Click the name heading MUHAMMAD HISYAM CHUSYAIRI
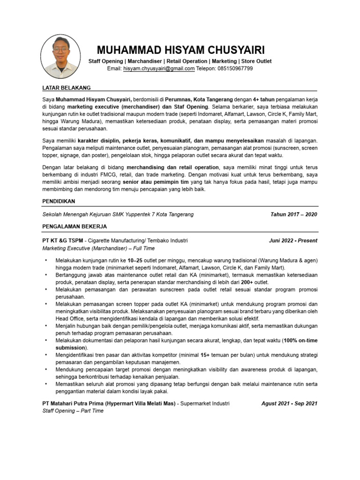(x=180, y=50)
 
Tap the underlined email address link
(x=158, y=68)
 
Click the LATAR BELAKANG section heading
(x=66, y=88)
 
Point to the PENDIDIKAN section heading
(x=59, y=201)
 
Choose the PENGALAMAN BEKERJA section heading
(x=75, y=226)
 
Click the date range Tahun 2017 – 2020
(x=293, y=214)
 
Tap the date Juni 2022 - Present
(x=293, y=240)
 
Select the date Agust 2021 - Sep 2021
(x=289, y=403)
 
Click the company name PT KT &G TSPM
(x=62, y=240)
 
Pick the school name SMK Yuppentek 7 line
(x=118, y=214)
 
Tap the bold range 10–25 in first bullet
(x=135, y=260)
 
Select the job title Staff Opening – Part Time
(x=73, y=411)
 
